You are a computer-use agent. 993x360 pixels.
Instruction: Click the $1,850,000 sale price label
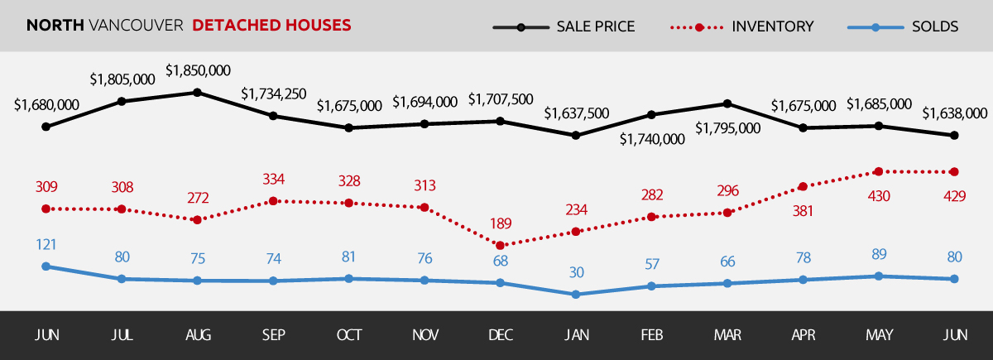click(x=198, y=71)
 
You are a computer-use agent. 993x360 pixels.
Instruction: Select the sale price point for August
click(x=198, y=92)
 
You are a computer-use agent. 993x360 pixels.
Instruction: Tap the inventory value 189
click(x=499, y=223)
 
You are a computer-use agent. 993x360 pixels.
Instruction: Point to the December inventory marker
click(x=499, y=245)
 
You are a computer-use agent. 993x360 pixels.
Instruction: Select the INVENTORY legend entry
click(x=772, y=26)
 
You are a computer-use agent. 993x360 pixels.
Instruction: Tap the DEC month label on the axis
click(x=500, y=335)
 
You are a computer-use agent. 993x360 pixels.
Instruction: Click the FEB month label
click(x=650, y=335)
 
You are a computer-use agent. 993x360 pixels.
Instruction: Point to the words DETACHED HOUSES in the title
click(x=271, y=26)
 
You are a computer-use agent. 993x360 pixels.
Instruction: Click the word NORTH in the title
click(x=55, y=26)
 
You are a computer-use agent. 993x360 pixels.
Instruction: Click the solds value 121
click(x=46, y=245)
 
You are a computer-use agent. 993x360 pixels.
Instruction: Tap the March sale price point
click(x=727, y=103)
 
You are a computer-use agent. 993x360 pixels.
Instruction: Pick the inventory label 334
click(x=273, y=180)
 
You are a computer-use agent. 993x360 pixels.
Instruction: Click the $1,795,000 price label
click(x=727, y=128)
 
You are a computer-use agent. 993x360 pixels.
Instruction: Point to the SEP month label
click(x=273, y=335)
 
